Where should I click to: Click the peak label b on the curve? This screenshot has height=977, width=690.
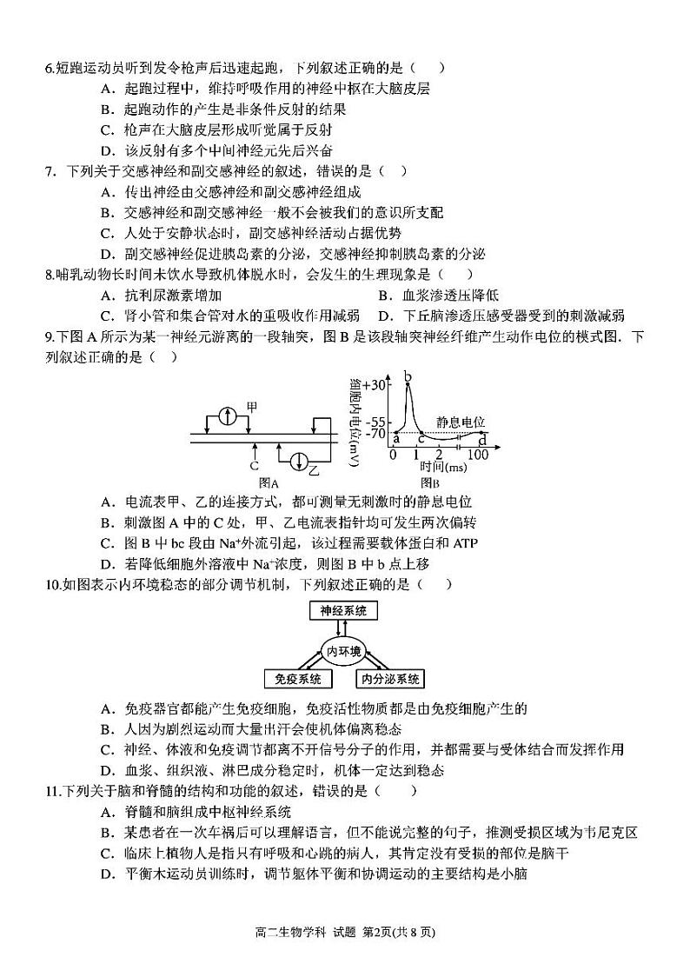408,376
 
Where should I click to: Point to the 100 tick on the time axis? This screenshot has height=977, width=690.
478,455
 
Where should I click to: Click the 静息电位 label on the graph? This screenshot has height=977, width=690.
461,419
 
